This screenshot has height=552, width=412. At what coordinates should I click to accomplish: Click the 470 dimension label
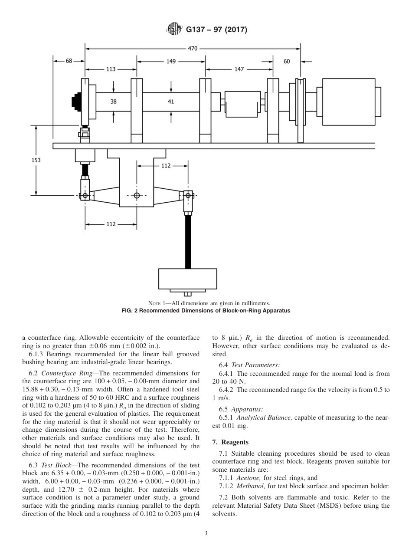tap(193, 49)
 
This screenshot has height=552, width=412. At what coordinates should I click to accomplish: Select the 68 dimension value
tap(69, 61)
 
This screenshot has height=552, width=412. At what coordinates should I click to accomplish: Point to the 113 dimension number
tap(111, 69)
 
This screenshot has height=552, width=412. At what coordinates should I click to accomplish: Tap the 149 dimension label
tap(171, 61)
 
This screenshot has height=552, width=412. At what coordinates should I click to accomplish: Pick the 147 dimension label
tap(239, 69)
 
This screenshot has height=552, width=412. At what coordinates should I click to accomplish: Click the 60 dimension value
tap(287, 61)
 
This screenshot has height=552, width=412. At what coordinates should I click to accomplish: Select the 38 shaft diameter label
tap(113, 102)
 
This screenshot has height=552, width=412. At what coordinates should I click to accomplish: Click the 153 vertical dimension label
tap(36, 160)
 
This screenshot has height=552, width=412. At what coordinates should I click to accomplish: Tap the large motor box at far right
tap(348, 98)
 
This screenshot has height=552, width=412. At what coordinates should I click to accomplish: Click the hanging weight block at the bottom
tap(187, 279)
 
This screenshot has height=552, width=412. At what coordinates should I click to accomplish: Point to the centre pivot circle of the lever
tap(137, 195)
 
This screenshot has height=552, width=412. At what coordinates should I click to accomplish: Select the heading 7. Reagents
tap(230, 442)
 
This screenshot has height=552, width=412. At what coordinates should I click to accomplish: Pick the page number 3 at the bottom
tap(206, 533)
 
